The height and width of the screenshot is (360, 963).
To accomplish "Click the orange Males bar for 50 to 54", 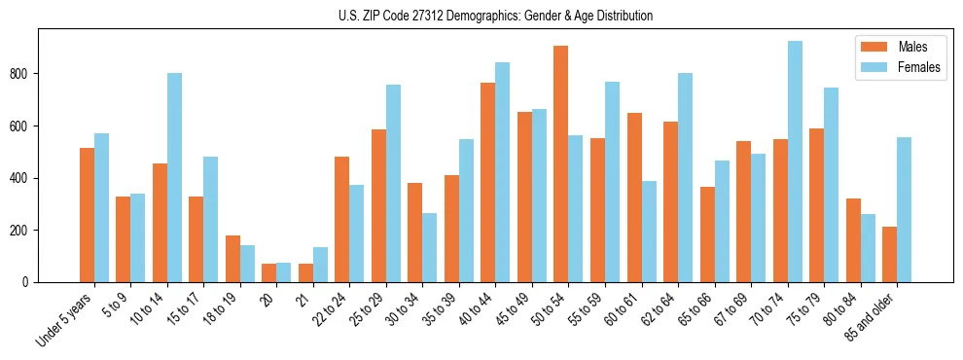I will point(561,163).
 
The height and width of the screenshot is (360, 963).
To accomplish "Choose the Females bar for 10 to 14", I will point(174,177).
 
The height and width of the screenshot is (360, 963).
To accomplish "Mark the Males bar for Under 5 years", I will point(87,215).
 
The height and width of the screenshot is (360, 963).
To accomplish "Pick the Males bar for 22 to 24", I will point(342,219).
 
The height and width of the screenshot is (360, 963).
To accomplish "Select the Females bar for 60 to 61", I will point(649,232).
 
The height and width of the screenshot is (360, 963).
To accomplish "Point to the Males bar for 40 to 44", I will point(488,182).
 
